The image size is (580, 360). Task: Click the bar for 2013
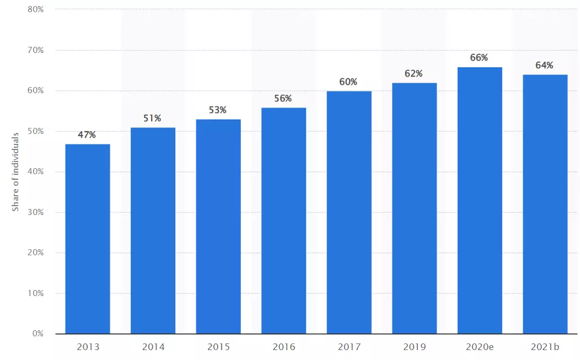(88, 239)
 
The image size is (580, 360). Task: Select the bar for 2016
(284, 221)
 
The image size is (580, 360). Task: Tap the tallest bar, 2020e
(480, 200)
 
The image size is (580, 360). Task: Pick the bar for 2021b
(545, 204)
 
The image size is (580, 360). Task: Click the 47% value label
(87, 135)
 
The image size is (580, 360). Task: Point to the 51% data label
(152, 119)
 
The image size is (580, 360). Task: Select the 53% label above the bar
(217, 110)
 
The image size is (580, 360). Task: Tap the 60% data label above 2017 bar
(348, 82)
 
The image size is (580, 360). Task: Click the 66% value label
(479, 58)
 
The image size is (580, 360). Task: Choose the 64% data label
(545, 66)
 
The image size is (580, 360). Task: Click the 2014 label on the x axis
(153, 347)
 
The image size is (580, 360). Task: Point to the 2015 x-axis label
(219, 347)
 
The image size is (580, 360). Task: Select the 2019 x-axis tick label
(415, 347)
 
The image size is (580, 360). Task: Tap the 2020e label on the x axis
(480, 347)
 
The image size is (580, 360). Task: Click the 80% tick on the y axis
(35, 9)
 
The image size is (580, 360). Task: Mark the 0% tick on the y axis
(38, 334)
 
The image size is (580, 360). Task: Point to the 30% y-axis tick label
(35, 212)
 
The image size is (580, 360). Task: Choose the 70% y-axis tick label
(35, 50)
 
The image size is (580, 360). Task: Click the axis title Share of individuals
(15, 172)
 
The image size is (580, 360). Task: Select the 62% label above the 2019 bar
(413, 74)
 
